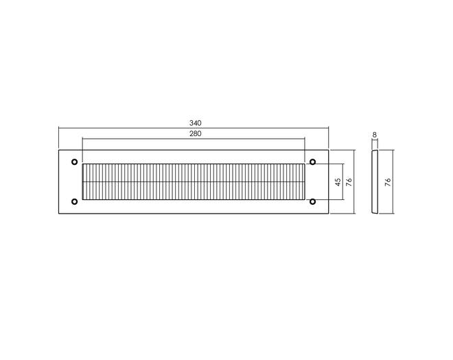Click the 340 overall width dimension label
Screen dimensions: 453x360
(196, 123)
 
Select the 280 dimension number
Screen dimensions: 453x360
(196, 134)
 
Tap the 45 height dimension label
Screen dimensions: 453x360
(338, 182)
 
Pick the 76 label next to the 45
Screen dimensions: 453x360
(349, 182)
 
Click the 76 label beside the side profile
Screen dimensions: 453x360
(388, 182)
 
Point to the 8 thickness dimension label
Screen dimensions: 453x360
(375, 135)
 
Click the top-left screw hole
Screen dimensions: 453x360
(75, 162)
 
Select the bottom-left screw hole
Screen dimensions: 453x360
(75, 201)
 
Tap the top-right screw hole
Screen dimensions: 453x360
(312, 162)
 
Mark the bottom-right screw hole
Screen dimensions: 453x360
(312, 201)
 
